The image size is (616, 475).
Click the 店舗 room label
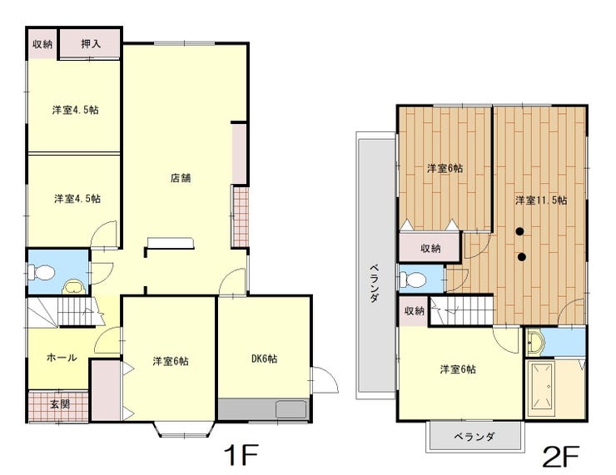point(181,178)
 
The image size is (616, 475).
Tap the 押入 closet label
point(91,43)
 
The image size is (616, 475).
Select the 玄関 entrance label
point(60,404)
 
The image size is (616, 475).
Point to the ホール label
point(62,358)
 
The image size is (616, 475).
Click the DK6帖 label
point(265,359)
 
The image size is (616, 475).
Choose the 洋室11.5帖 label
point(541,200)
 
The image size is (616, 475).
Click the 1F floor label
point(241,455)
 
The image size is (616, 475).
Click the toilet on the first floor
point(41,272)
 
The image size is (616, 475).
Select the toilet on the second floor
point(412,280)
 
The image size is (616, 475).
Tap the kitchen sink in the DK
point(291,409)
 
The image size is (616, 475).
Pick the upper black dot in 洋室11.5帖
point(519,231)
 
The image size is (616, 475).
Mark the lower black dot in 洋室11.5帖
point(522,257)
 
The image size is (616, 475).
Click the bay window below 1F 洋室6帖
point(184,429)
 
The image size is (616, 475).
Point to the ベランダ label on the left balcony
point(375,284)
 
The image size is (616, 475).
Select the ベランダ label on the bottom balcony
point(474,437)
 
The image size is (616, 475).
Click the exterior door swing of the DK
point(325,379)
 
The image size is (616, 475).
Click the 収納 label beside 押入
point(42,44)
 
